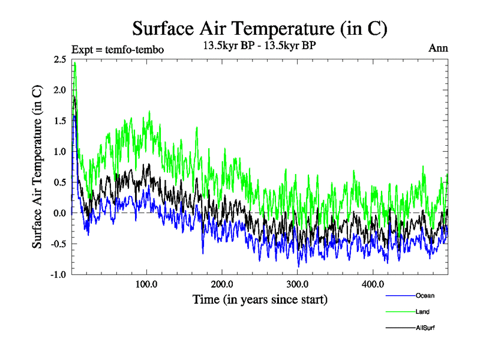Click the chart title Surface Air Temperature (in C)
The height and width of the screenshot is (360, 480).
[259, 28]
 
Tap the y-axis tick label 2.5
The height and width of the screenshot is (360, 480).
[59, 59]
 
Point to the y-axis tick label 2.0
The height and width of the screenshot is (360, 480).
[59, 90]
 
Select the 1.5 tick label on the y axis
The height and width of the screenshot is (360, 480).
[59, 121]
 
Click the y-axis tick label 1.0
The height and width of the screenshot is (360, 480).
[59, 152]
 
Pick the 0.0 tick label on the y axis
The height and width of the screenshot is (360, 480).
[59, 213]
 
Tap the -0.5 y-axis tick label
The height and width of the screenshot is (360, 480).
[58, 244]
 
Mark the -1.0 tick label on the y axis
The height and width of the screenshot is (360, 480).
[58, 275]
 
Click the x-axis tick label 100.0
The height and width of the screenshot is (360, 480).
[146, 284]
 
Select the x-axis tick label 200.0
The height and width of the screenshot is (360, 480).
[222, 284]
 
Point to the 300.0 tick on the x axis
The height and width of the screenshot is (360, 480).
[298, 284]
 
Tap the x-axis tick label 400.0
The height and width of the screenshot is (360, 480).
[373, 284]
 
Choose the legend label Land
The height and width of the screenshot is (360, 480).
[422, 311]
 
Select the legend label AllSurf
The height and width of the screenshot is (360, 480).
[425, 328]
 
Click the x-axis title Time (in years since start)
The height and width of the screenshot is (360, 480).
[260, 299]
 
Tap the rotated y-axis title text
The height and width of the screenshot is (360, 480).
[37, 167]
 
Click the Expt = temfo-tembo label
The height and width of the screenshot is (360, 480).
[117, 49]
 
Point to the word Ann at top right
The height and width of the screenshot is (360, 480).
[438, 48]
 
